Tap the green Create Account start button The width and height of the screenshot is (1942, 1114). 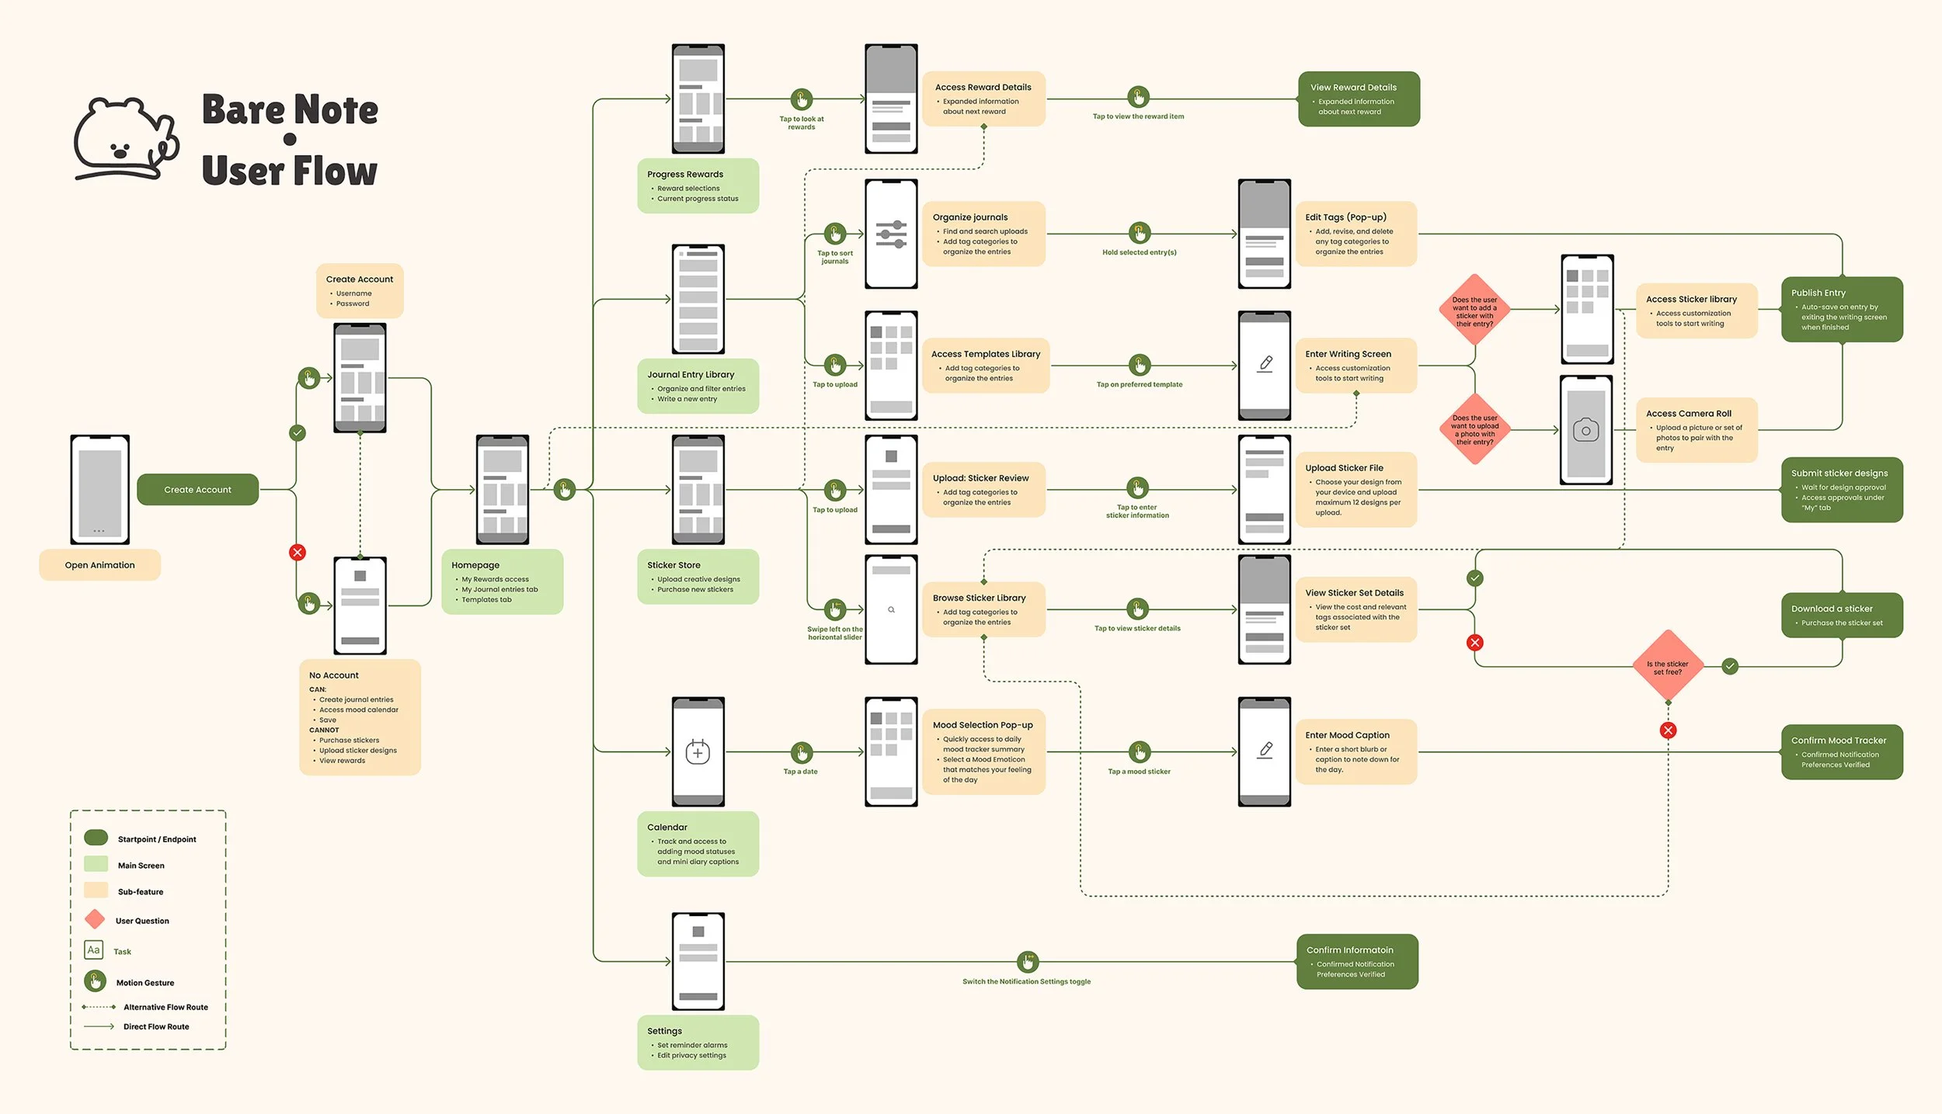coord(197,490)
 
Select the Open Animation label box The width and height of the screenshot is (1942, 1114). coord(99,565)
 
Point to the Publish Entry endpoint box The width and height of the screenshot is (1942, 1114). coord(1841,309)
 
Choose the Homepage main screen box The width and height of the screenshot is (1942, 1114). coord(502,581)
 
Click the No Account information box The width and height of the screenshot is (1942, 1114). coord(360,717)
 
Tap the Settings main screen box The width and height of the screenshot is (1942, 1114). coord(698,1042)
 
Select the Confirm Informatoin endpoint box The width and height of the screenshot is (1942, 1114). coord(1356,961)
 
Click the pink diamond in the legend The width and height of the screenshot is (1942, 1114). coord(95,920)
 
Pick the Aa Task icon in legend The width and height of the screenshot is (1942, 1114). coord(93,950)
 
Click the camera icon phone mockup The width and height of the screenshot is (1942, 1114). coord(1585,431)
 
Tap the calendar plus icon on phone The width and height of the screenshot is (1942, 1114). coord(698,751)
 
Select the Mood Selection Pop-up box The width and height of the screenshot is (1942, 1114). coord(983,751)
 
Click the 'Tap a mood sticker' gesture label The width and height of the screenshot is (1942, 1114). coord(1138,771)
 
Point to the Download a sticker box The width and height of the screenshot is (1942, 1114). coord(1841,615)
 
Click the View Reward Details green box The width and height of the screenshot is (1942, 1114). coord(1358,99)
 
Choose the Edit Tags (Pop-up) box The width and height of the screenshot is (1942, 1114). coord(1356,234)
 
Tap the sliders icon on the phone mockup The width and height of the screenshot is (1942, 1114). coord(891,234)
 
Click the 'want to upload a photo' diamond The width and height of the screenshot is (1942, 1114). coord(1474,429)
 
